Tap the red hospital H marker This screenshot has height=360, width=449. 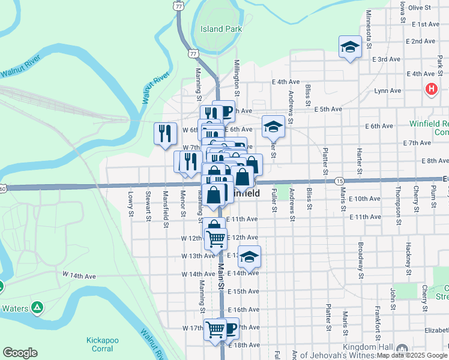pos(430,89)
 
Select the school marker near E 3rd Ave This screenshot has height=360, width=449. pos(349,47)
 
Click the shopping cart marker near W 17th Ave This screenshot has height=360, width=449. pos(215,328)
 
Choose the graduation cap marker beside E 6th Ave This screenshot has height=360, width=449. pos(273,126)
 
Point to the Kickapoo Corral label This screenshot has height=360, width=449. pos(103,344)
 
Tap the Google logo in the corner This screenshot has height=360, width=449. pos(20,353)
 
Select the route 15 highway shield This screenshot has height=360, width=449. pos(340,181)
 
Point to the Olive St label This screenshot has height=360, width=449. pos(420,7)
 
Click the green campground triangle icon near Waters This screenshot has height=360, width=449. pos(37,307)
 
